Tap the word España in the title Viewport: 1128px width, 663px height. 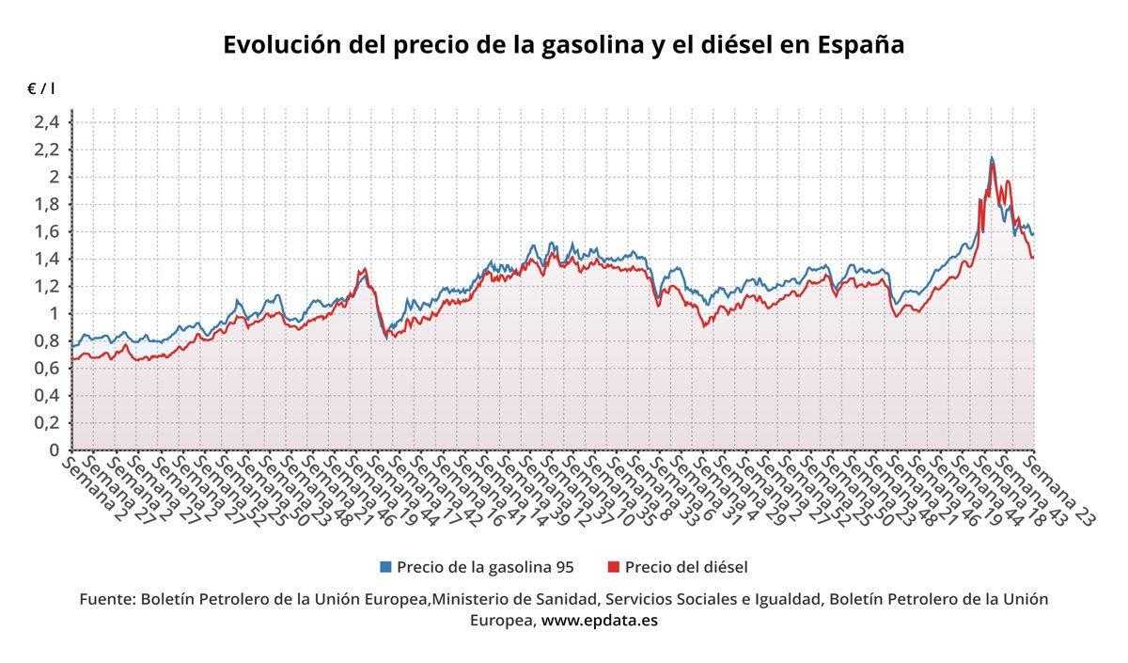point(861,45)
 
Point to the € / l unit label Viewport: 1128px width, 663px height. point(40,88)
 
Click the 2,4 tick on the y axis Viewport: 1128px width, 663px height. point(47,122)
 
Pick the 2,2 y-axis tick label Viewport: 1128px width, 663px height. point(47,150)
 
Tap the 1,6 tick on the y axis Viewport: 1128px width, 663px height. point(47,231)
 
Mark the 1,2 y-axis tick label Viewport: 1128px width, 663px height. point(47,286)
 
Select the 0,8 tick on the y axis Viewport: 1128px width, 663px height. point(47,340)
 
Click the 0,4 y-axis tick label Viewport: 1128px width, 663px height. point(47,396)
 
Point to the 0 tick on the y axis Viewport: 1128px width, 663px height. point(55,450)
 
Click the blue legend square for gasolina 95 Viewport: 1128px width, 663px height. point(385,567)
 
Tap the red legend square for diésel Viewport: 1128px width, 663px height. point(614,567)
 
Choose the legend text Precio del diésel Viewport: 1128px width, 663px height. point(685,567)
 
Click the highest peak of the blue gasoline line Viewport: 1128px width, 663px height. point(992,158)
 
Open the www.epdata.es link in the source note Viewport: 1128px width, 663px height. point(600,621)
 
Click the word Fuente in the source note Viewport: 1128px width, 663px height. point(106,599)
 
